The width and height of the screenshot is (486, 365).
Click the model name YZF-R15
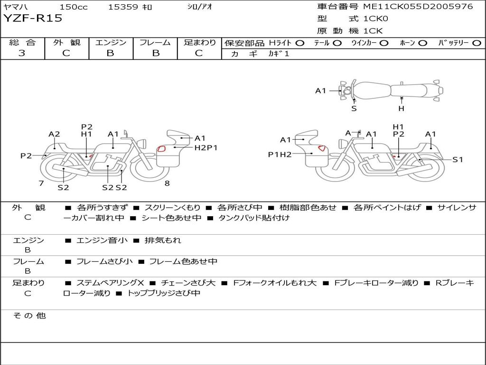pyautogui.click(x=33, y=19)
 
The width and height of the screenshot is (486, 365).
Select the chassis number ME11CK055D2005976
pyautogui.click(x=418, y=7)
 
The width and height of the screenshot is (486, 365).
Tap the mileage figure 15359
pyautogui.click(x=123, y=7)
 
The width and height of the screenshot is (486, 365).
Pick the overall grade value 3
pyautogui.click(x=22, y=53)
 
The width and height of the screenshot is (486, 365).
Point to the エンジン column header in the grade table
pyautogui.click(x=111, y=42)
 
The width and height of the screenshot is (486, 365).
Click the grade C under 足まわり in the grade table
pyautogui.click(x=199, y=53)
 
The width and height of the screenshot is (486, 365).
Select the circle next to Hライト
pyautogui.click(x=299, y=43)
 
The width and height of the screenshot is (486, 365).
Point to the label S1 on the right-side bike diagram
pyautogui.click(x=458, y=160)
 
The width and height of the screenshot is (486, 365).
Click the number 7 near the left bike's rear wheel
pyautogui.click(x=41, y=183)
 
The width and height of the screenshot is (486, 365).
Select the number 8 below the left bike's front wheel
pyautogui.click(x=167, y=183)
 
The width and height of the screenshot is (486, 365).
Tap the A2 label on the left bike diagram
pyautogui.click(x=54, y=134)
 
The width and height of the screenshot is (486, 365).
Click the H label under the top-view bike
pyautogui.click(x=401, y=108)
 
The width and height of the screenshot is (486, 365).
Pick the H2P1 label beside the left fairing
pyautogui.click(x=206, y=148)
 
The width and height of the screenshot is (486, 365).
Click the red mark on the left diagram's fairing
pyautogui.click(x=161, y=149)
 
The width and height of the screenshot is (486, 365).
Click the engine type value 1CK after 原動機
pyautogui.click(x=373, y=31)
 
